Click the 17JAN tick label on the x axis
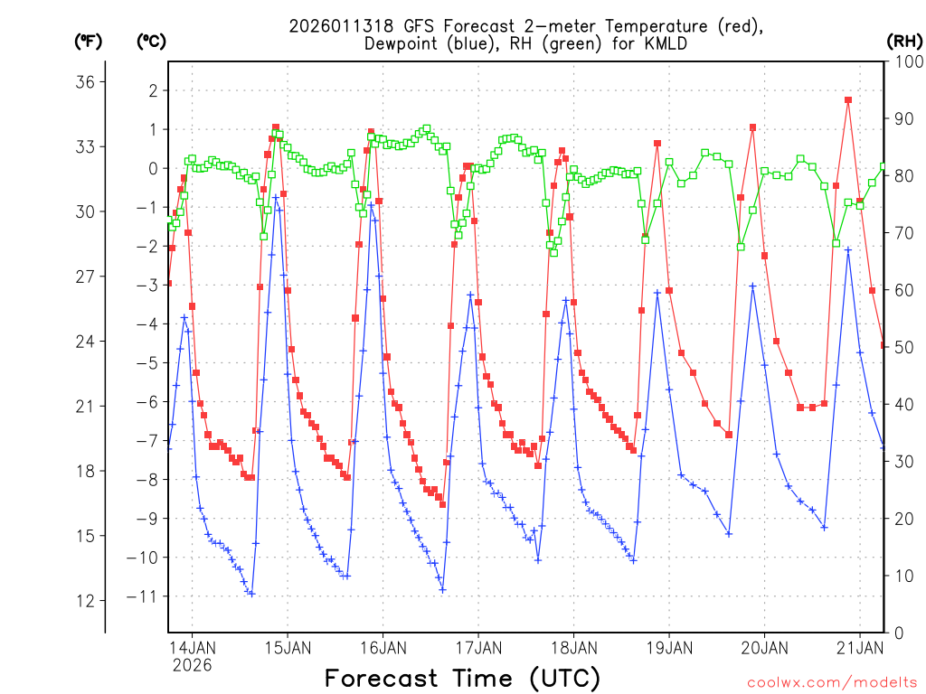[477, 648]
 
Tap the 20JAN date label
[763, 648]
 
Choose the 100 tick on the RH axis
[906, 61]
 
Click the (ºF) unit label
[88, 41]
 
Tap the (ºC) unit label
[152, 41]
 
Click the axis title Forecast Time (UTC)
[462, 678]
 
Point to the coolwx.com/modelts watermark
[832, 681]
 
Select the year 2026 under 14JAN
[192, 665]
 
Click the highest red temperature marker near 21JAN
[848, 100]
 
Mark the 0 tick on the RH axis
[897, 633]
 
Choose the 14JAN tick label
[192, 648]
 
